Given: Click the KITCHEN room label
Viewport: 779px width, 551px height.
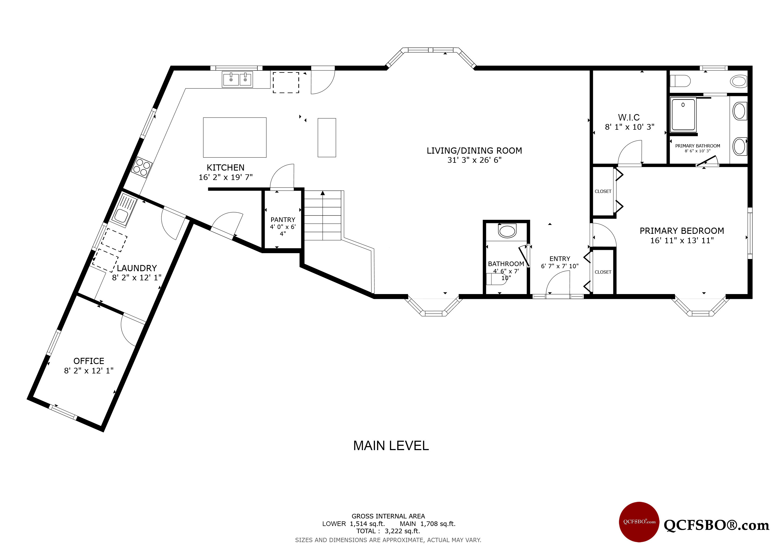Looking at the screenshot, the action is pos(226,168).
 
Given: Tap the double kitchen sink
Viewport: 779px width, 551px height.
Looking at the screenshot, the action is pos(237,79).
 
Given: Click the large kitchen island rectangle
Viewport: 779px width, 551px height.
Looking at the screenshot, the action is pos(235,137).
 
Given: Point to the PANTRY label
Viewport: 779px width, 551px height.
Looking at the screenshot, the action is pos(283,220).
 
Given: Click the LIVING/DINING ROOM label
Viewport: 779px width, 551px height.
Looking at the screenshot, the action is pos(474,151).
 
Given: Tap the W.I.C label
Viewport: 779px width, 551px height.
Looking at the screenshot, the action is pos(629,117).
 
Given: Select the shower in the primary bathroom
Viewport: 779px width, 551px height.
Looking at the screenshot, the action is pos(683,114).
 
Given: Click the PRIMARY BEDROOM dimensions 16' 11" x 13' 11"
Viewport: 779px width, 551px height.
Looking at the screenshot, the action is pos(682,241).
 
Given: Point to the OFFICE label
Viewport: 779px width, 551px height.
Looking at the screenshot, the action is pos(89,361).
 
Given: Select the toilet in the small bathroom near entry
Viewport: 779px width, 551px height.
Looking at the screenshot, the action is pos(507,231).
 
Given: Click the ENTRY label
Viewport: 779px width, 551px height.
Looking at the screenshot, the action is pos(560,259).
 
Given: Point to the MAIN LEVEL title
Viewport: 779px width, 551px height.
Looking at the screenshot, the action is pos(391,446).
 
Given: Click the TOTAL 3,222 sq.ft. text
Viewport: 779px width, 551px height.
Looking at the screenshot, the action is pos(388,531).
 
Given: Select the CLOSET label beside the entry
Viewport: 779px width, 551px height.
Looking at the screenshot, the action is pos(603,272).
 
